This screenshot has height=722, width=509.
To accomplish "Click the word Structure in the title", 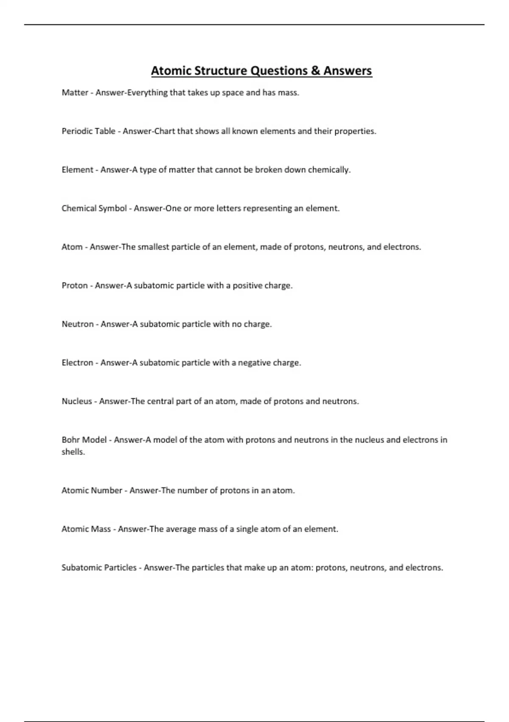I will click(221, 71).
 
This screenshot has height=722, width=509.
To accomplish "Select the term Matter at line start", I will click(75, 93).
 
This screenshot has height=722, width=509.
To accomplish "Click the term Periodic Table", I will click(88, 131).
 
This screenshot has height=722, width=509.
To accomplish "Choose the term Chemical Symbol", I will click(94, 209).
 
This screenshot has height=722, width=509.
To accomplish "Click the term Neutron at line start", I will click(78, 324).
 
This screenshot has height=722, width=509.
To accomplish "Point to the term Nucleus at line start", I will click(77, 402).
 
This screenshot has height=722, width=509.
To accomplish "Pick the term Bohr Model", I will click(84, 440).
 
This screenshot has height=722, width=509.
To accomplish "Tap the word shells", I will click(73, 452).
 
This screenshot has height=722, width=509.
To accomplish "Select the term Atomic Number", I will click(92, 491).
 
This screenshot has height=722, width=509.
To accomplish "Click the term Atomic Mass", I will click(86, 529).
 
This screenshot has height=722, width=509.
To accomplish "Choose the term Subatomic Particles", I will click(99, 568).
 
